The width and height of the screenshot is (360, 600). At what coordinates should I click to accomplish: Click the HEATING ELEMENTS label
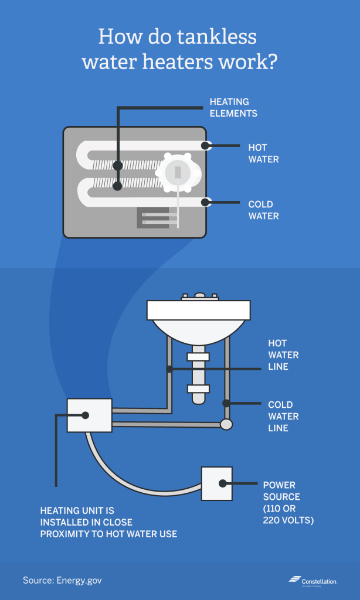pyautogui.click(x=233, y=107)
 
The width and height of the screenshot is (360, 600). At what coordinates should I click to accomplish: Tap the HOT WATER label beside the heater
pyautogui.click(x=263, y=153)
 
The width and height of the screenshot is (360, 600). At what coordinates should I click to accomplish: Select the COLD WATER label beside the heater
pyautogui.click(x=263, y=210)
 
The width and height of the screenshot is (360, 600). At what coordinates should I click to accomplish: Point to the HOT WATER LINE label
pyautogui.click(x=283, y=354)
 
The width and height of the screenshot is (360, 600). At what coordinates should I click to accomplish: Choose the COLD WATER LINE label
pyautogui.click(x=283, y=416)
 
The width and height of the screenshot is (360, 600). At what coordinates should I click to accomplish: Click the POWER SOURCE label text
pyautogui.click(x=288, y=502)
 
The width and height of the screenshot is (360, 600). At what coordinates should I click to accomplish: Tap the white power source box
pyautogui.click(x=217, y=483)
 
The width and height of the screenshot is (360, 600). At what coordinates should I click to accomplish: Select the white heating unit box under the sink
pyautogui.click(x=89, y=415)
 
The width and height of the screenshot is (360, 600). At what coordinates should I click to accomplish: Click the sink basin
pyautogui.click(x=198, y=320)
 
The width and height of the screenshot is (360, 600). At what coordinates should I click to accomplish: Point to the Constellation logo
pyautogui.click(x=313, y=580)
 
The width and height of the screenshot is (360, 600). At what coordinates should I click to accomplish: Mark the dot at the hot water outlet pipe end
pyautogui.click(x=205, y=146)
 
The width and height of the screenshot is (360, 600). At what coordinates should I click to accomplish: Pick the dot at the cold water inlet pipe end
pyautogui.click(x=205, y=202)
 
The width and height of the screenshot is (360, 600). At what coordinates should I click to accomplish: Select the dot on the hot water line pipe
pyautogui.click(x=169, y=369)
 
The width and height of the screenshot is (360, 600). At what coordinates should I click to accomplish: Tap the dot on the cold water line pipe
pyautogui.click(x=226, y=403)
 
